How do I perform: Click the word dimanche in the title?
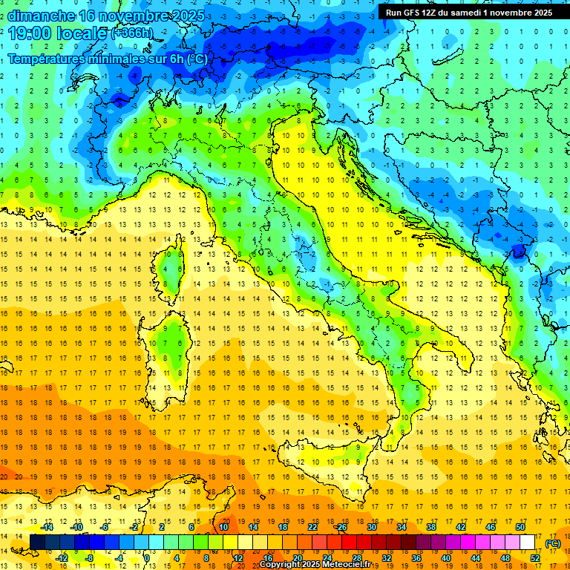(x=42, y=16)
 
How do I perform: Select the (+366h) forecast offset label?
(x=132, y=33)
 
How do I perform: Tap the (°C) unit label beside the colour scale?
(x=553, y=543)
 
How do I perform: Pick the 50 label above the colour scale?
(x=520, y=527)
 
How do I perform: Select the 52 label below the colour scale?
(x=535, y=558)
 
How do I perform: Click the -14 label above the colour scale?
(x=47, y=527)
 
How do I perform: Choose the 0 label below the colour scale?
(x=148, y=558)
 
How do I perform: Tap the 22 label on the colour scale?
(x=312, y=527)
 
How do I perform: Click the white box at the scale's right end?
(x=528, y=543)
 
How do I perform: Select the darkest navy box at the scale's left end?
(x=37, y=543)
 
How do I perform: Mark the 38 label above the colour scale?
(x=431, y=527)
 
